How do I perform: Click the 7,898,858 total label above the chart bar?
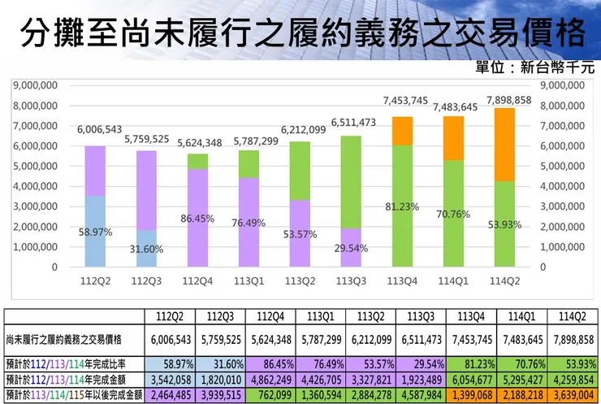tap(508, 100)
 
